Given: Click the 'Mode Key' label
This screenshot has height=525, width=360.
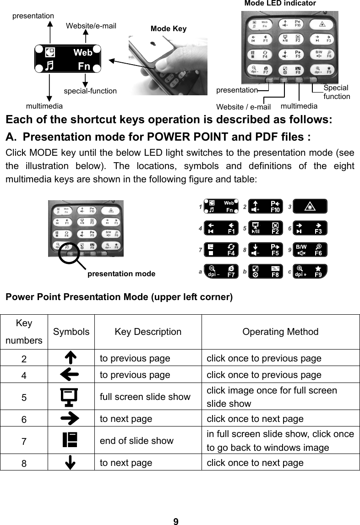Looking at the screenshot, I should [168, 29].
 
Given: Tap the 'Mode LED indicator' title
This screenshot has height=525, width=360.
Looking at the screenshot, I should [280, 4].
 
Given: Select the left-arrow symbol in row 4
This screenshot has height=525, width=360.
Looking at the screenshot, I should [69, 375].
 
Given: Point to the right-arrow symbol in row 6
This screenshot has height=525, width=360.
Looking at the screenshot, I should [69, 419].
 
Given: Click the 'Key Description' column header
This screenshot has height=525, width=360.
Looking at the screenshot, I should [147, 332].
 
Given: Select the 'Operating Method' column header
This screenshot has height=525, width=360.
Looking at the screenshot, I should [280, 332].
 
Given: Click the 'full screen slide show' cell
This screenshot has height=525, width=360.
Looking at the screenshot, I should [145, 397].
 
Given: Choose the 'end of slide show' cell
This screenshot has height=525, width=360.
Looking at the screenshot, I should [136, 441].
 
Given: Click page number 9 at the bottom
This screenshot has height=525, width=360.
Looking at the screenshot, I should [176, 521].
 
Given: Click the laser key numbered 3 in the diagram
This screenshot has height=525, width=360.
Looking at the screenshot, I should [310, 207].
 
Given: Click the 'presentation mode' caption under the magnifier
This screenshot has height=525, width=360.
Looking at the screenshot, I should [121, 274].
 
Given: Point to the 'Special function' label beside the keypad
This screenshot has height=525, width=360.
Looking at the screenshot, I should [336, 92].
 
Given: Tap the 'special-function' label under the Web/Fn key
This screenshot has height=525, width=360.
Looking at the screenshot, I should [90, 91].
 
